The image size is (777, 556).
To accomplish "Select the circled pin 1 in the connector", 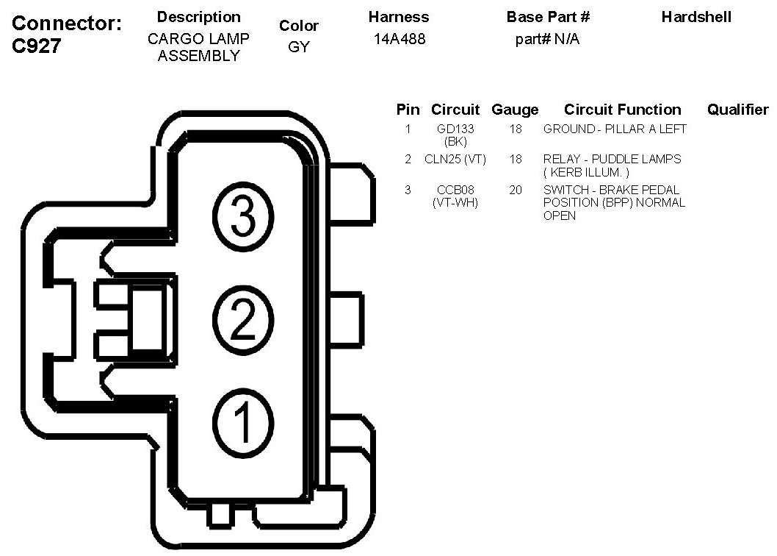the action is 243,421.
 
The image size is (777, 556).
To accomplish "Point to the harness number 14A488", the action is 399,39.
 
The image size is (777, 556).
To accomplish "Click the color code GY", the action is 299,46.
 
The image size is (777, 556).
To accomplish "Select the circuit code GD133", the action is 455,129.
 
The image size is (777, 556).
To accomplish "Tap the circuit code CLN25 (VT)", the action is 455,159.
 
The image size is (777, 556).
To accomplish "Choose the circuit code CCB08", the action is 455,190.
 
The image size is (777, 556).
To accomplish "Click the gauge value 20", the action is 516,190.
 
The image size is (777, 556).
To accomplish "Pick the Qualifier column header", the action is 737,110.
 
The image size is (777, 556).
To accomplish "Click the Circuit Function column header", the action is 622,110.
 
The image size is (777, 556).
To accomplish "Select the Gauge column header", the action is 515,110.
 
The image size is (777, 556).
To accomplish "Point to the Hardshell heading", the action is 696,17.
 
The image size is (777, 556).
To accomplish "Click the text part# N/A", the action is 547,39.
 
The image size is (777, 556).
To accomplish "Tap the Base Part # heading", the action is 548,17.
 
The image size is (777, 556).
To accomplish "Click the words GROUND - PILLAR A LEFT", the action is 615,129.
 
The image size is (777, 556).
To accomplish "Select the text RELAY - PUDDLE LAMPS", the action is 612,159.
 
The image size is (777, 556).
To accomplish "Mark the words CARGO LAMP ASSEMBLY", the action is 198,47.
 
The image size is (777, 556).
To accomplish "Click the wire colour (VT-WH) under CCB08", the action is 455,202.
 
